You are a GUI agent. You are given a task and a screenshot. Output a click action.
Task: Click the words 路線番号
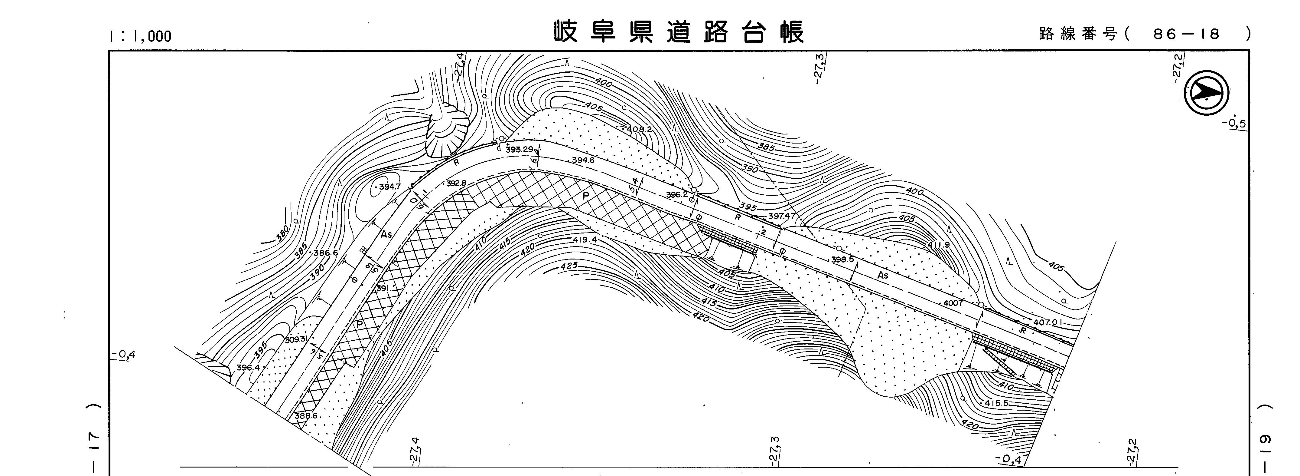click(1078, 34)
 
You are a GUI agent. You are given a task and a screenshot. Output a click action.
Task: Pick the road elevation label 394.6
click(583, 160)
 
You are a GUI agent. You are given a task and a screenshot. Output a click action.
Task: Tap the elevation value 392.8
click(456, 183)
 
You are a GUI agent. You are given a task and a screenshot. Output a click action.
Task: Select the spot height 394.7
click(389, 187)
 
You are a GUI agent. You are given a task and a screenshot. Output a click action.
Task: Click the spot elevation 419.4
click(585, 240)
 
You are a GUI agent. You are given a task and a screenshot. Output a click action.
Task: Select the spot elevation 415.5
click(996, 404)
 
